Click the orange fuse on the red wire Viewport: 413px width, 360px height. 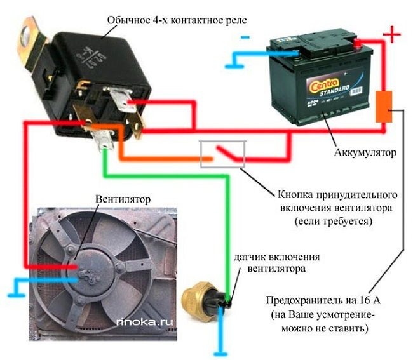point(384,106)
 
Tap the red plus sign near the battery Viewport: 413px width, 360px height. point(393,34)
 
